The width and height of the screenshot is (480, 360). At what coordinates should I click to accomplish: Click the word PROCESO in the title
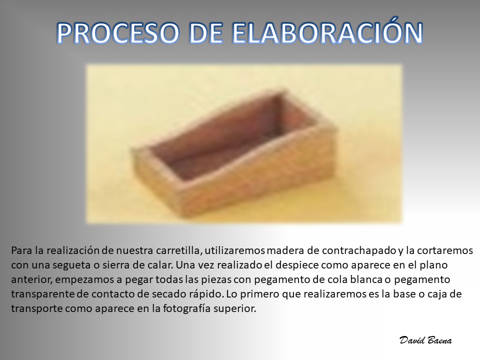tap(117, 33)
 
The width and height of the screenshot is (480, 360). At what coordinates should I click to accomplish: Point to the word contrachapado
tap(359, 251)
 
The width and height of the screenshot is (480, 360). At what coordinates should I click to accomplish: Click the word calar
tap(162, 265)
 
